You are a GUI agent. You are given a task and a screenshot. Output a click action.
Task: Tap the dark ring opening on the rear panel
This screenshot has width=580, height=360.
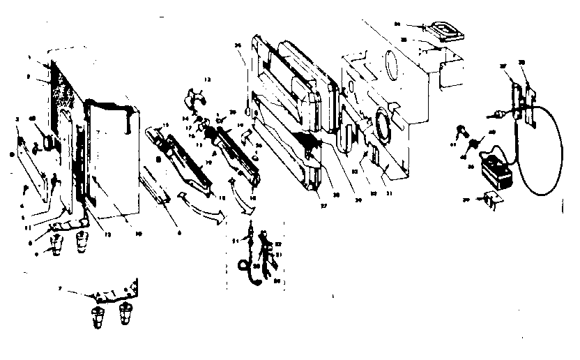click(x=383, y=125)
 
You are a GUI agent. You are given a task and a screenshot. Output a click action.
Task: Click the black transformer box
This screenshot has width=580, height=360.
click(x=496, y=171)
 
